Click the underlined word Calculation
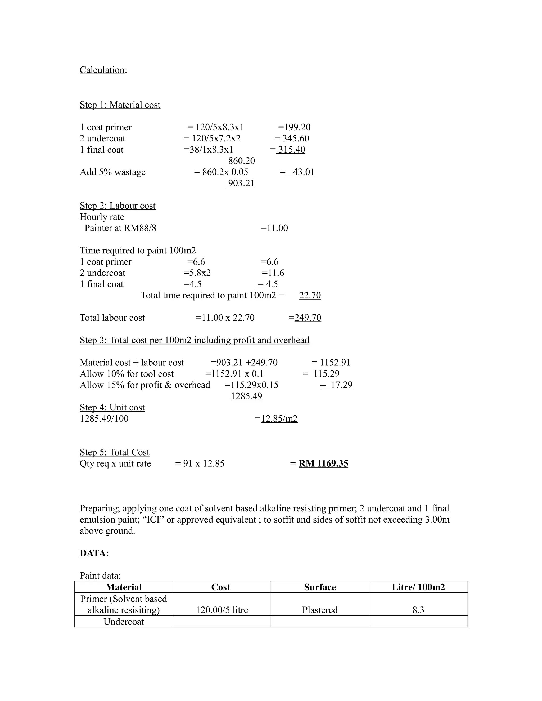coord(102,70)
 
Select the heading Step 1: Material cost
coord(120,105)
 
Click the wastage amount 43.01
coord(303,172)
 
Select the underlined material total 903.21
coord(241,183)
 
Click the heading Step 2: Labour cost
coord(118,206)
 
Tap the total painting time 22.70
coord(310,295)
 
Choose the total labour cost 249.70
coord(308,318)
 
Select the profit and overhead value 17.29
coord(341,385)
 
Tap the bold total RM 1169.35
coord(323,463)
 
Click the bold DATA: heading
coord(94,553)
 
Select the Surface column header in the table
coord(320,587)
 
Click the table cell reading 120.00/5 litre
coord(222,610)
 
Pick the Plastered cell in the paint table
coord(320,610)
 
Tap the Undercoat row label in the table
coord(124,622)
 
